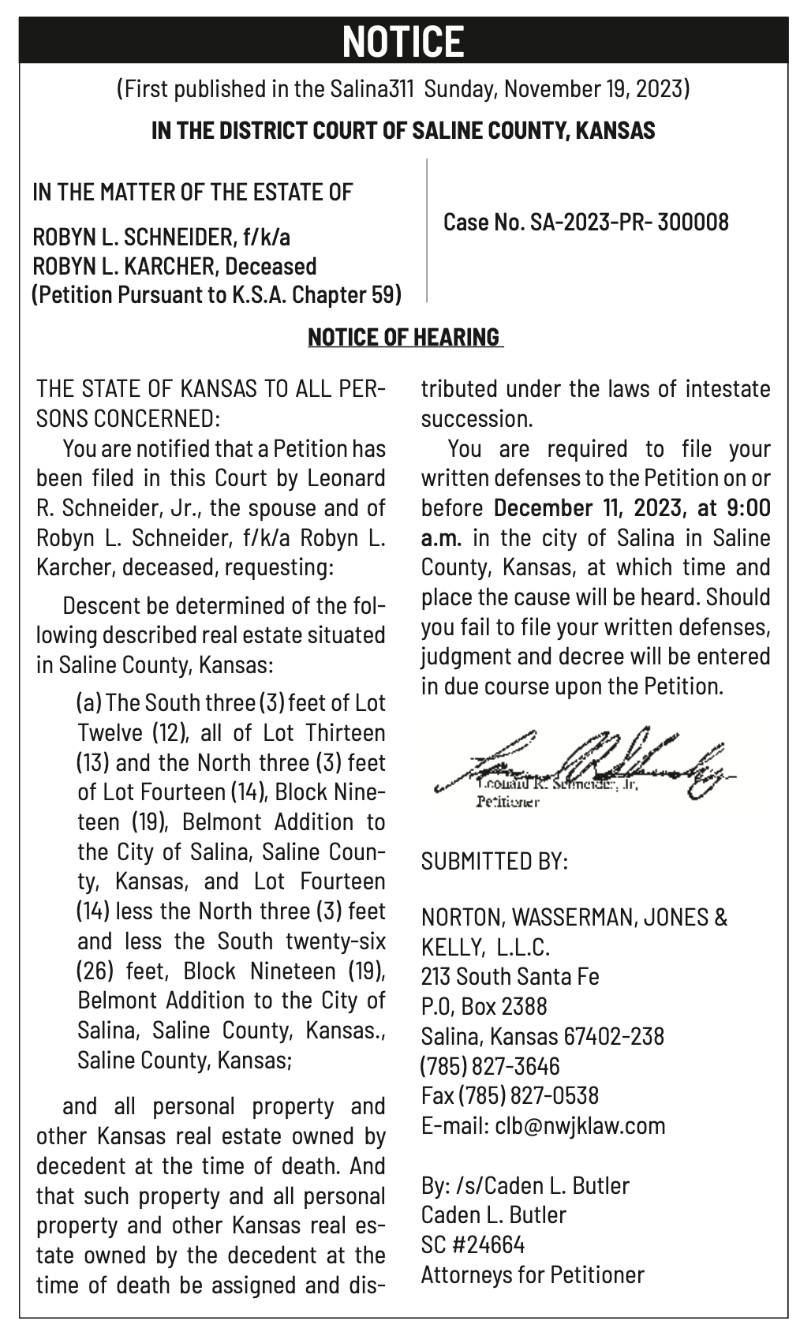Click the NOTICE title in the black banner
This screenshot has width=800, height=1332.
[x=403, y=41]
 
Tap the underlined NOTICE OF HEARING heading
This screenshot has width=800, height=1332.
[x=404, y=337]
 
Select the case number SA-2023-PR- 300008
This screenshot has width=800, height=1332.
[x=629, y=223]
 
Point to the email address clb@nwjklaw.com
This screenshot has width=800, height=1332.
[x=580, y=1125]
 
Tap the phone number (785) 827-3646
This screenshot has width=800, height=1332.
[x=490, y=1066]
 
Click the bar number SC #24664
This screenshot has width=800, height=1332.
[x=473, y=1244]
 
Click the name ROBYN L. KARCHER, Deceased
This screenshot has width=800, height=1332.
[x=174, y=266]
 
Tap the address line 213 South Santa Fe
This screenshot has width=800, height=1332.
[x=510, y=977]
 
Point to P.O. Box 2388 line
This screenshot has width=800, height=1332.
[x=484, y=1006]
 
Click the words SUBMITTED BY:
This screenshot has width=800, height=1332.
[x=494, y=860]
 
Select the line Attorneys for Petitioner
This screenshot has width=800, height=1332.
[x=533, y=1274]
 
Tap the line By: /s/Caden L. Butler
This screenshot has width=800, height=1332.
[x=525, y=1185]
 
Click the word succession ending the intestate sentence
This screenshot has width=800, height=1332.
[x=477, y=419]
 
